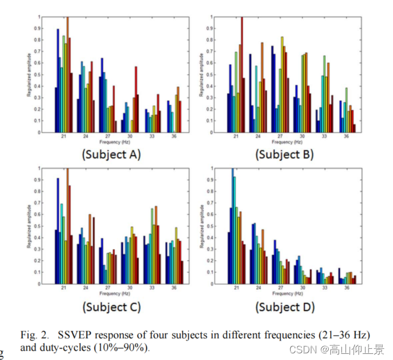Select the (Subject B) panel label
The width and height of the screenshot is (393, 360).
pos(284,154)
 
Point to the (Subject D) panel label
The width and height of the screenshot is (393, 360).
pos(284,307)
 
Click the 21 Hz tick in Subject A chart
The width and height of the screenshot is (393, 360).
pos(64,136)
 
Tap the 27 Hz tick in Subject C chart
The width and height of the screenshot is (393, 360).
pos(108,288)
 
